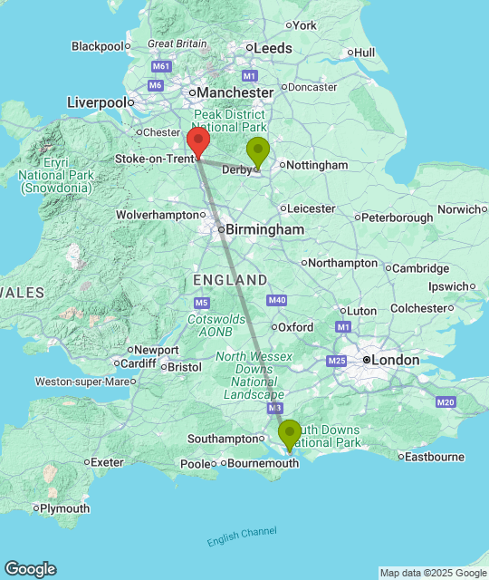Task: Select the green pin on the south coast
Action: click(x=290, y=434)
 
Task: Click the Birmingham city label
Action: click(x=264, y=230)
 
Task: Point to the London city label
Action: click(x=396, y=360)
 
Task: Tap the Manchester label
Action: click(x=235, y=92)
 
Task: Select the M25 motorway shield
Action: click(x=337, y=362)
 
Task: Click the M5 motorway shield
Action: click(x=201, y=302)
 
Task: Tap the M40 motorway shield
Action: click(x=277, y=300)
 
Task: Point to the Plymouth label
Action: click(x=65, y=508)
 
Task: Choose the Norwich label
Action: click(x=460, y=209)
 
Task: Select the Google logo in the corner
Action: click(x=30, y=569)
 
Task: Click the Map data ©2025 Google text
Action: click(x=433, y=573)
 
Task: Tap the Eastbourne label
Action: click(x=435, y=457)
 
